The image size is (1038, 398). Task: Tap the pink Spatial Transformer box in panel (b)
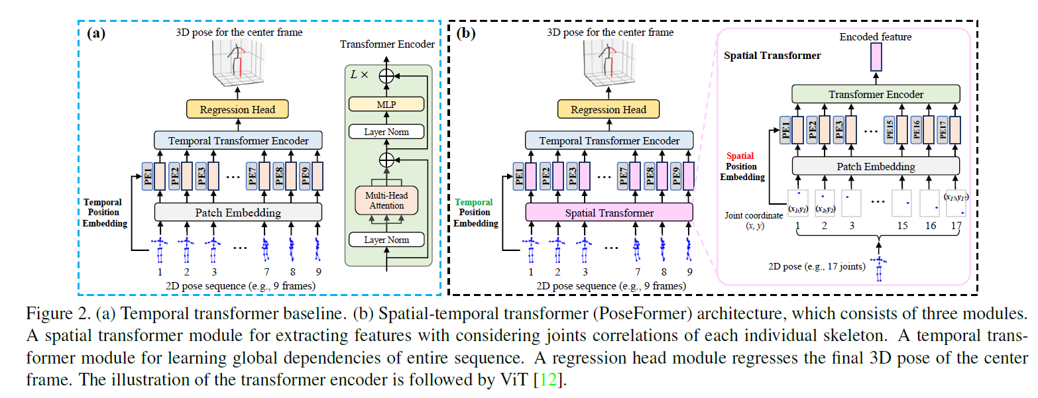pos(608,213)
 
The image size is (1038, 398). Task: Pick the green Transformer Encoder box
pos(876,95)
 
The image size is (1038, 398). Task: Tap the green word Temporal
pos(475,202)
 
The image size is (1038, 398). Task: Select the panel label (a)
pos(96,33)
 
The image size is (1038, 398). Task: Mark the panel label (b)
pos(468,33)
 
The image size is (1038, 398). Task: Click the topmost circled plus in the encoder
pos(386,76)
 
